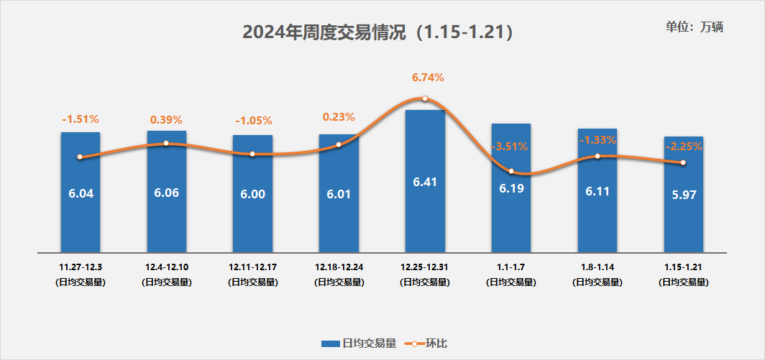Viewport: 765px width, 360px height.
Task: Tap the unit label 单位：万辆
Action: (x=694, y=27)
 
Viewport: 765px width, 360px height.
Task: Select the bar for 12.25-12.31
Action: (x=425, y=216)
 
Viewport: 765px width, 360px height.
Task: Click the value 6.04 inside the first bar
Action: (x=81, y=193)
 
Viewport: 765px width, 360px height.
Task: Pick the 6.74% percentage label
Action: (x=428, y=78)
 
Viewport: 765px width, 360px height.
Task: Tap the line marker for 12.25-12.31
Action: (x=425, y=98)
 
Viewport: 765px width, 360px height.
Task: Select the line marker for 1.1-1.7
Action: (x=511, y=171)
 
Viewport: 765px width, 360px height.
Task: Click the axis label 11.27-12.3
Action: (x=81, y=267)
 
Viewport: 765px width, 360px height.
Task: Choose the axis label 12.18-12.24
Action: (x=339, y=267)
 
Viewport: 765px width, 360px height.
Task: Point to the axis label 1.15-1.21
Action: (x=683, y=267)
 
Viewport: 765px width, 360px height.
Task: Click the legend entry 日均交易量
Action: (x=359, y=343)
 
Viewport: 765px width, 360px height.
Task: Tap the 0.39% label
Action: (x=166, y=119)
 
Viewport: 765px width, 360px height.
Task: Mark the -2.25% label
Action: (x=683, y=147)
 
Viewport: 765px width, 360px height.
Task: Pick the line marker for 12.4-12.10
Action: (x=166, y=143)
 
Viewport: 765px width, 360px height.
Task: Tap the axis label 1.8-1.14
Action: (x=597, y=267)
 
